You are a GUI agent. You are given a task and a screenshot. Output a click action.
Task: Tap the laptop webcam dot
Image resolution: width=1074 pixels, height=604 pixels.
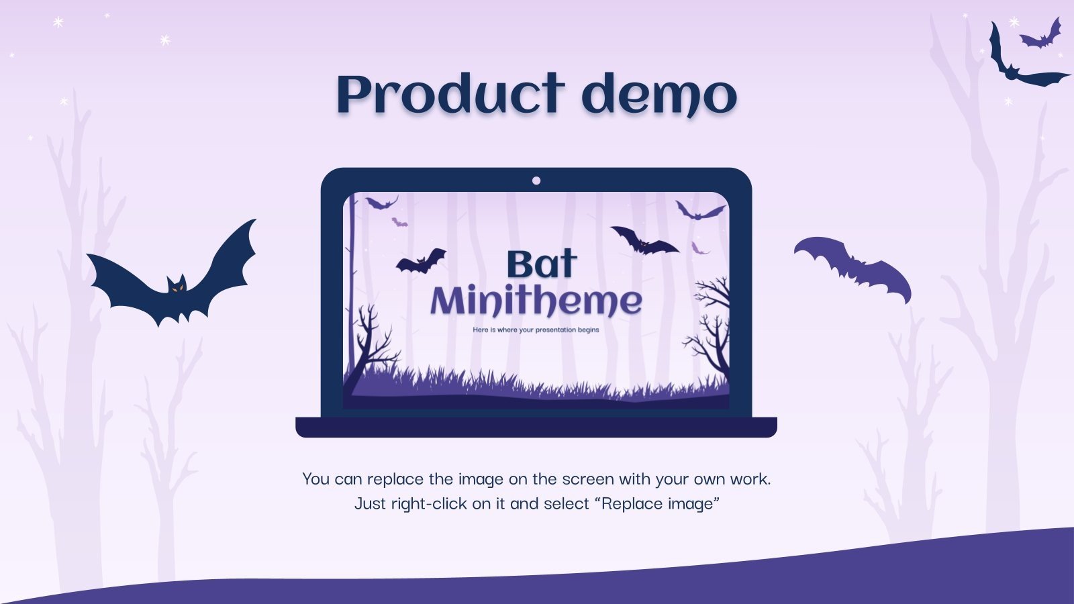[x=536, y=181]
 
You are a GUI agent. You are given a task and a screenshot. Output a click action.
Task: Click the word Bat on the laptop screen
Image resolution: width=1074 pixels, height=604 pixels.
[x=541, y=264]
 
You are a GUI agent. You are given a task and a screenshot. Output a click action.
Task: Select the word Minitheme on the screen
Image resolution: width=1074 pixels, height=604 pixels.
[x=536, y=301]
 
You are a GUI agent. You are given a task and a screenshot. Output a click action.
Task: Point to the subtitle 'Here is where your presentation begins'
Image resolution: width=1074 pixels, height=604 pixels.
[x=536, y=330]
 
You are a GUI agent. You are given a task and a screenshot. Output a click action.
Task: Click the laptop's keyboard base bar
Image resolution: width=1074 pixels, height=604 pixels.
[x=536, y=427]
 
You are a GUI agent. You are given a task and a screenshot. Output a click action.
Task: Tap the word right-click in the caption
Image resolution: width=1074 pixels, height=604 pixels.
[x=430, y=503]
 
